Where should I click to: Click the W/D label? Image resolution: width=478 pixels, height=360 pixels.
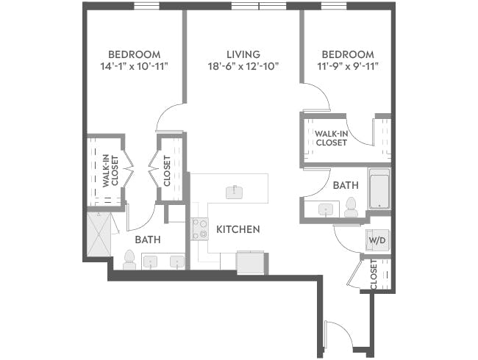pyautogui.click(x=376, y=241)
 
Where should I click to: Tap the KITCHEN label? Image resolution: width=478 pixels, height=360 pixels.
pyautogui.click(x=238, y=230)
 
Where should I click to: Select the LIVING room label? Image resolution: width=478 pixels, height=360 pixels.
pyautogui.click(x=243, y=54)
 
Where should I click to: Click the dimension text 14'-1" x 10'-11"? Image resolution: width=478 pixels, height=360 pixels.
pyautogui.click(x=134, y=67)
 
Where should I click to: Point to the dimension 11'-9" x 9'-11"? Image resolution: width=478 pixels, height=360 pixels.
pyautogui.click(x=347, y=67)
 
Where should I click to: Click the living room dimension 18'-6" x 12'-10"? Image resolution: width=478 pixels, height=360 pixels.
pyautogui.click(x=243, y=67)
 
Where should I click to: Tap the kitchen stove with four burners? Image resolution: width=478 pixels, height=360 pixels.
pyautogui.click(x=199, y=229)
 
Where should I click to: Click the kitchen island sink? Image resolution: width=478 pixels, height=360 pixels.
pyautogui.click(x=235, y=192)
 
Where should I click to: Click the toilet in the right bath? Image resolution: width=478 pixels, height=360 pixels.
pyautogui.click(x=351, y=207)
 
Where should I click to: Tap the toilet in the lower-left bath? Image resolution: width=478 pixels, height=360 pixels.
pyautogui.click(x=129, y=259)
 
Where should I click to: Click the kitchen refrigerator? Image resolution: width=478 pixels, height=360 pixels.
pyautogui.click(x=249, y=261)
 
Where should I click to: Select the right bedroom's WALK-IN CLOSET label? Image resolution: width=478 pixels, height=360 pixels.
pyautogui.click(x=332, y=137)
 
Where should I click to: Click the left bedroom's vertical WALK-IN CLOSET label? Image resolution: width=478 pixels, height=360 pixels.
pyautogui.click(x=106, y=170)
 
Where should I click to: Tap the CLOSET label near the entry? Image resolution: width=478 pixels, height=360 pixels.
pyautogui.click(x=374, y=274)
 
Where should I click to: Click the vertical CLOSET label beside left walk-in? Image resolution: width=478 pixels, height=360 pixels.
pyautogui.click(x=167, y=170)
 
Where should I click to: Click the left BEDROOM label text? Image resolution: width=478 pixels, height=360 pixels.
pyautogui.click(x=134, y=54)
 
